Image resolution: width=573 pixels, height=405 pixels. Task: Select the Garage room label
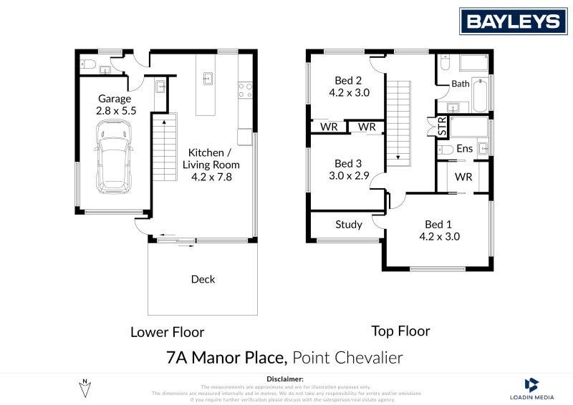(x=115, y=99)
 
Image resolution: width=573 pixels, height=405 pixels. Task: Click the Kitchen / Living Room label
(x=208, y=152)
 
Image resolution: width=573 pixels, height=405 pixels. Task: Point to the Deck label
(x=203, y=279)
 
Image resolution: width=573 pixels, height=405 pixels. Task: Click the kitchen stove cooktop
(x=245, y=90)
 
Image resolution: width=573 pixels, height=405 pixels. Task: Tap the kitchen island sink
(x=209, y=77)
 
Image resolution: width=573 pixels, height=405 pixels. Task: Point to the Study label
(x=349, y=225)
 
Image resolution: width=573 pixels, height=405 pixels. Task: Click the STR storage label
(x=442, y=128)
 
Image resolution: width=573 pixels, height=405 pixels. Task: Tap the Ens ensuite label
(x=464, y=149)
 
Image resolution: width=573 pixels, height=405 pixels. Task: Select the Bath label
(x=460, y=84)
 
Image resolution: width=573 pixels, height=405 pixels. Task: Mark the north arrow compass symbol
(x=85, y=388)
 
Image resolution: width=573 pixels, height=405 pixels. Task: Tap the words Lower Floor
(x=167, y=332)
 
